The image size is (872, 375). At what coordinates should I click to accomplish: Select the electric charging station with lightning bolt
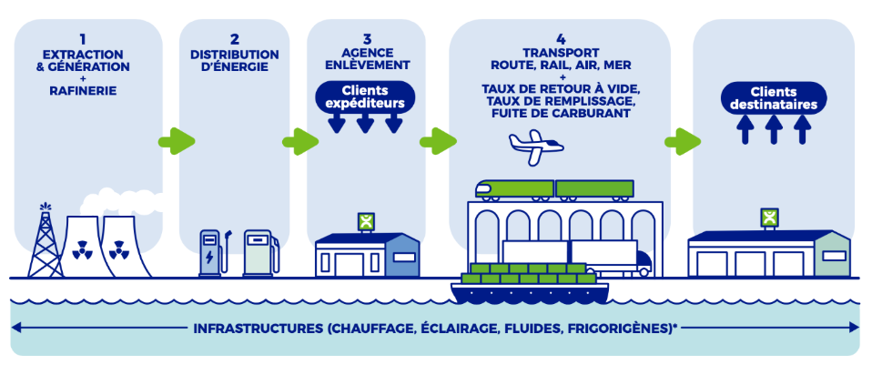[x=212, y=253]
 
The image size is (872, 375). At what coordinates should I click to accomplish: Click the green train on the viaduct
[x=554, y=189]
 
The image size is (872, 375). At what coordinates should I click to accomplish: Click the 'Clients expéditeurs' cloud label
[x=365, y=97]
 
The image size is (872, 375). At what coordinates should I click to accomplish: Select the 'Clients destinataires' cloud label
[x=774, y=98]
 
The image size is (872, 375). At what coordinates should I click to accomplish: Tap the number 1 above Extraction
[x=83, y=39]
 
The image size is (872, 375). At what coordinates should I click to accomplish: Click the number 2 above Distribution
[x=235, y=39]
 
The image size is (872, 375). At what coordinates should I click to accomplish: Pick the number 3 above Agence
[x=366, y=39]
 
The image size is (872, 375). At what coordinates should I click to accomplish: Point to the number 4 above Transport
[x=561, y=39]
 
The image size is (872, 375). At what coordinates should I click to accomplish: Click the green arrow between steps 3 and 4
[x=438, y=141]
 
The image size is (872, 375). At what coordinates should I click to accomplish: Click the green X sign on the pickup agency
[x=365, y=222]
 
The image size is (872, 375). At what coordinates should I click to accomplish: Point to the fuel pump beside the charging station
[x=259, y=252]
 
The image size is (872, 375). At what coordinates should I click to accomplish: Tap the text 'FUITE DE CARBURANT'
[x=561, y=114]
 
